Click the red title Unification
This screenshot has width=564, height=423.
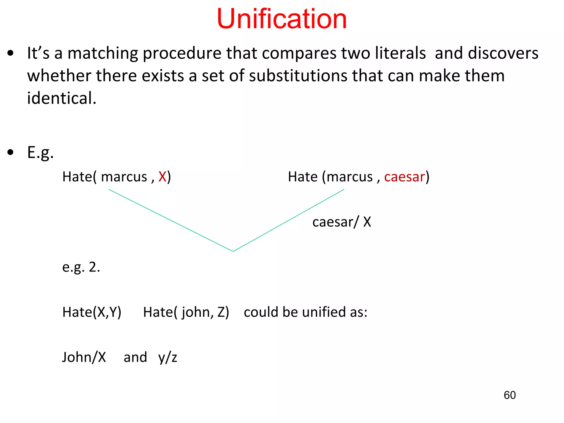pos(281,19)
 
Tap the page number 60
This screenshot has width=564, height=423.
pos(509,395)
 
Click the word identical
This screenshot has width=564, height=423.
pos(61,98)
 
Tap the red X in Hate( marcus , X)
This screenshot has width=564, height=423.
pos(162,177)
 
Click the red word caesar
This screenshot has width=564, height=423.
pos(405,177)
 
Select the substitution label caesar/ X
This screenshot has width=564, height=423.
pos(341,222)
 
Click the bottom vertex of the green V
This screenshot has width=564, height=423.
pos(233,251)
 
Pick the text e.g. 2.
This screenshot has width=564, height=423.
pos(81,267)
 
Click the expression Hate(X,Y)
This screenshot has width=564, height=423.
pos(92,312)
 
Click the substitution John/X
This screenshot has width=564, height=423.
pos(84,357)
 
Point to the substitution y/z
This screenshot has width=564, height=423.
pos(167,357)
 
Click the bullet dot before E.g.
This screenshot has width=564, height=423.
pos(10,152)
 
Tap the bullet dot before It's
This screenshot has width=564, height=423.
pos(10,53)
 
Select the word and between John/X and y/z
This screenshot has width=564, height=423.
pos(135,357)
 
